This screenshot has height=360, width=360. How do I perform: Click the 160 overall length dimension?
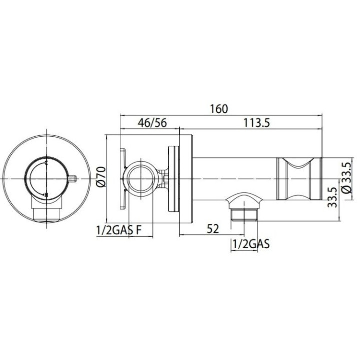pos(218,109)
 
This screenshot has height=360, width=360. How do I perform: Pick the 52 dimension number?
pos(213,229)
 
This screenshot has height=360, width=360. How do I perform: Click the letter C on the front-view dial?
pos(46,163)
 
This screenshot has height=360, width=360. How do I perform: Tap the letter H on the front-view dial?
pos(46,195)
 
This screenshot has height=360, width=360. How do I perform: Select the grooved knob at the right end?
pos(299,179)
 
